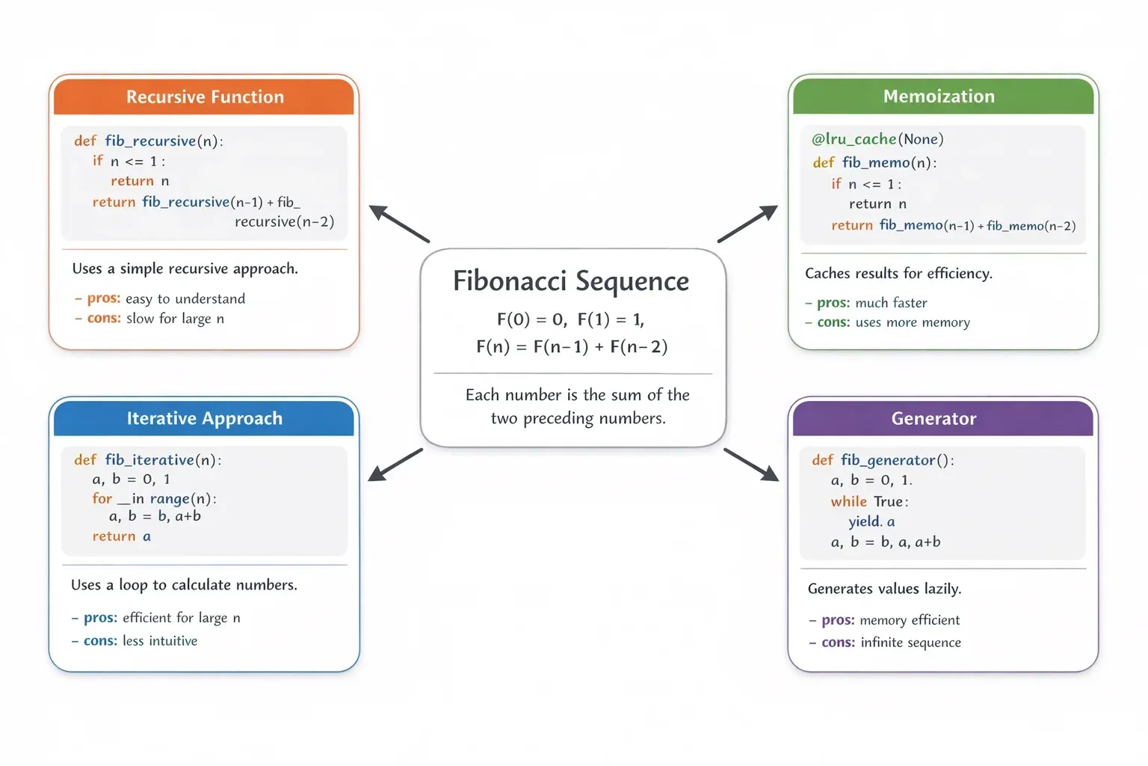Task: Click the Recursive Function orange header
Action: tap(204, 96)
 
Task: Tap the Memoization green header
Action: tap(939, 96)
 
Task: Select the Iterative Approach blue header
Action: tap(204, 418)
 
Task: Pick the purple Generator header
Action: tap(933, 418)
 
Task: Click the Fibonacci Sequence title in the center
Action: tap(571, 281)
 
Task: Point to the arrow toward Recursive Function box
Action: tap(399, 223)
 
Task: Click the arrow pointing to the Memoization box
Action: tap(747, 224)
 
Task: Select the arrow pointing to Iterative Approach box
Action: tap(396, 465)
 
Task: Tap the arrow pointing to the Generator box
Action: tap(751, 465)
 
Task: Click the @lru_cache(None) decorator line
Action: tap(877, 139)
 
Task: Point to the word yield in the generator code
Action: tap(864, 521)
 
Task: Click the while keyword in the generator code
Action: tap(848, 501)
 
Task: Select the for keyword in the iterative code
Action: tap(102, 498)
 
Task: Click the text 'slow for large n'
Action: tap(175, 319)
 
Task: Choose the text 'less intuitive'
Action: tap(160, 641)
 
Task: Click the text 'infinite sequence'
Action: tap(910, 643)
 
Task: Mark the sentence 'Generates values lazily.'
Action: tap(884, 589)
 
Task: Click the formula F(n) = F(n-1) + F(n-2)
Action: tap(572, 346)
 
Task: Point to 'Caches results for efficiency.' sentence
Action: tap(898, 274)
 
